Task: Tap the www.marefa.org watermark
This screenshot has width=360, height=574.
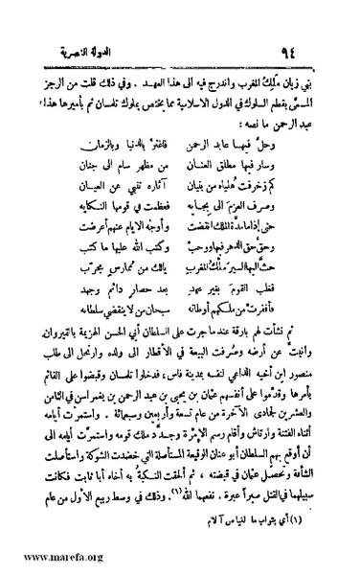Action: point(47,554)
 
